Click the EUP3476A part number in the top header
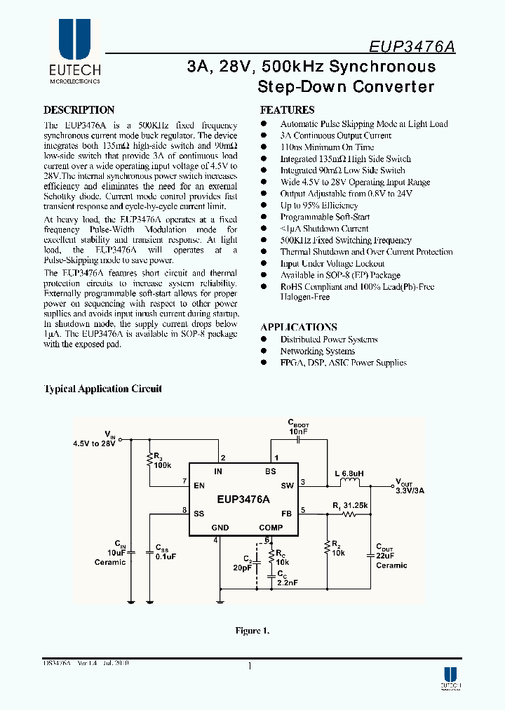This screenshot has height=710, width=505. point(412,46)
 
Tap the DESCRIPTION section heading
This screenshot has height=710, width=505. point(79,110)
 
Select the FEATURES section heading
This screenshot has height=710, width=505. point(287,110)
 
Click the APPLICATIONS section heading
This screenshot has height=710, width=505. point(299,327)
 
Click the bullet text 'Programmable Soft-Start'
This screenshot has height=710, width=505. point(325,217)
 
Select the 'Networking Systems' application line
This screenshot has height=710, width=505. point(318,351)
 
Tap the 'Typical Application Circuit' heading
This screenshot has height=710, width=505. point(103,389)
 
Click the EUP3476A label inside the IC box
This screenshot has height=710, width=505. point(243,500)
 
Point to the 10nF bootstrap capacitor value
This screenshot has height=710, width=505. point(298,431)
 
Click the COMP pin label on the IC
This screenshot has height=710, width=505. point(271,528)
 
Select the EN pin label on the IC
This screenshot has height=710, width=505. point(199,485)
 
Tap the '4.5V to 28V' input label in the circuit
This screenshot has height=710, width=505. point(94,443)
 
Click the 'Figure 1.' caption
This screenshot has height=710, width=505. point(252,631)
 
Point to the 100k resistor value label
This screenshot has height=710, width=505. point(164,465)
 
